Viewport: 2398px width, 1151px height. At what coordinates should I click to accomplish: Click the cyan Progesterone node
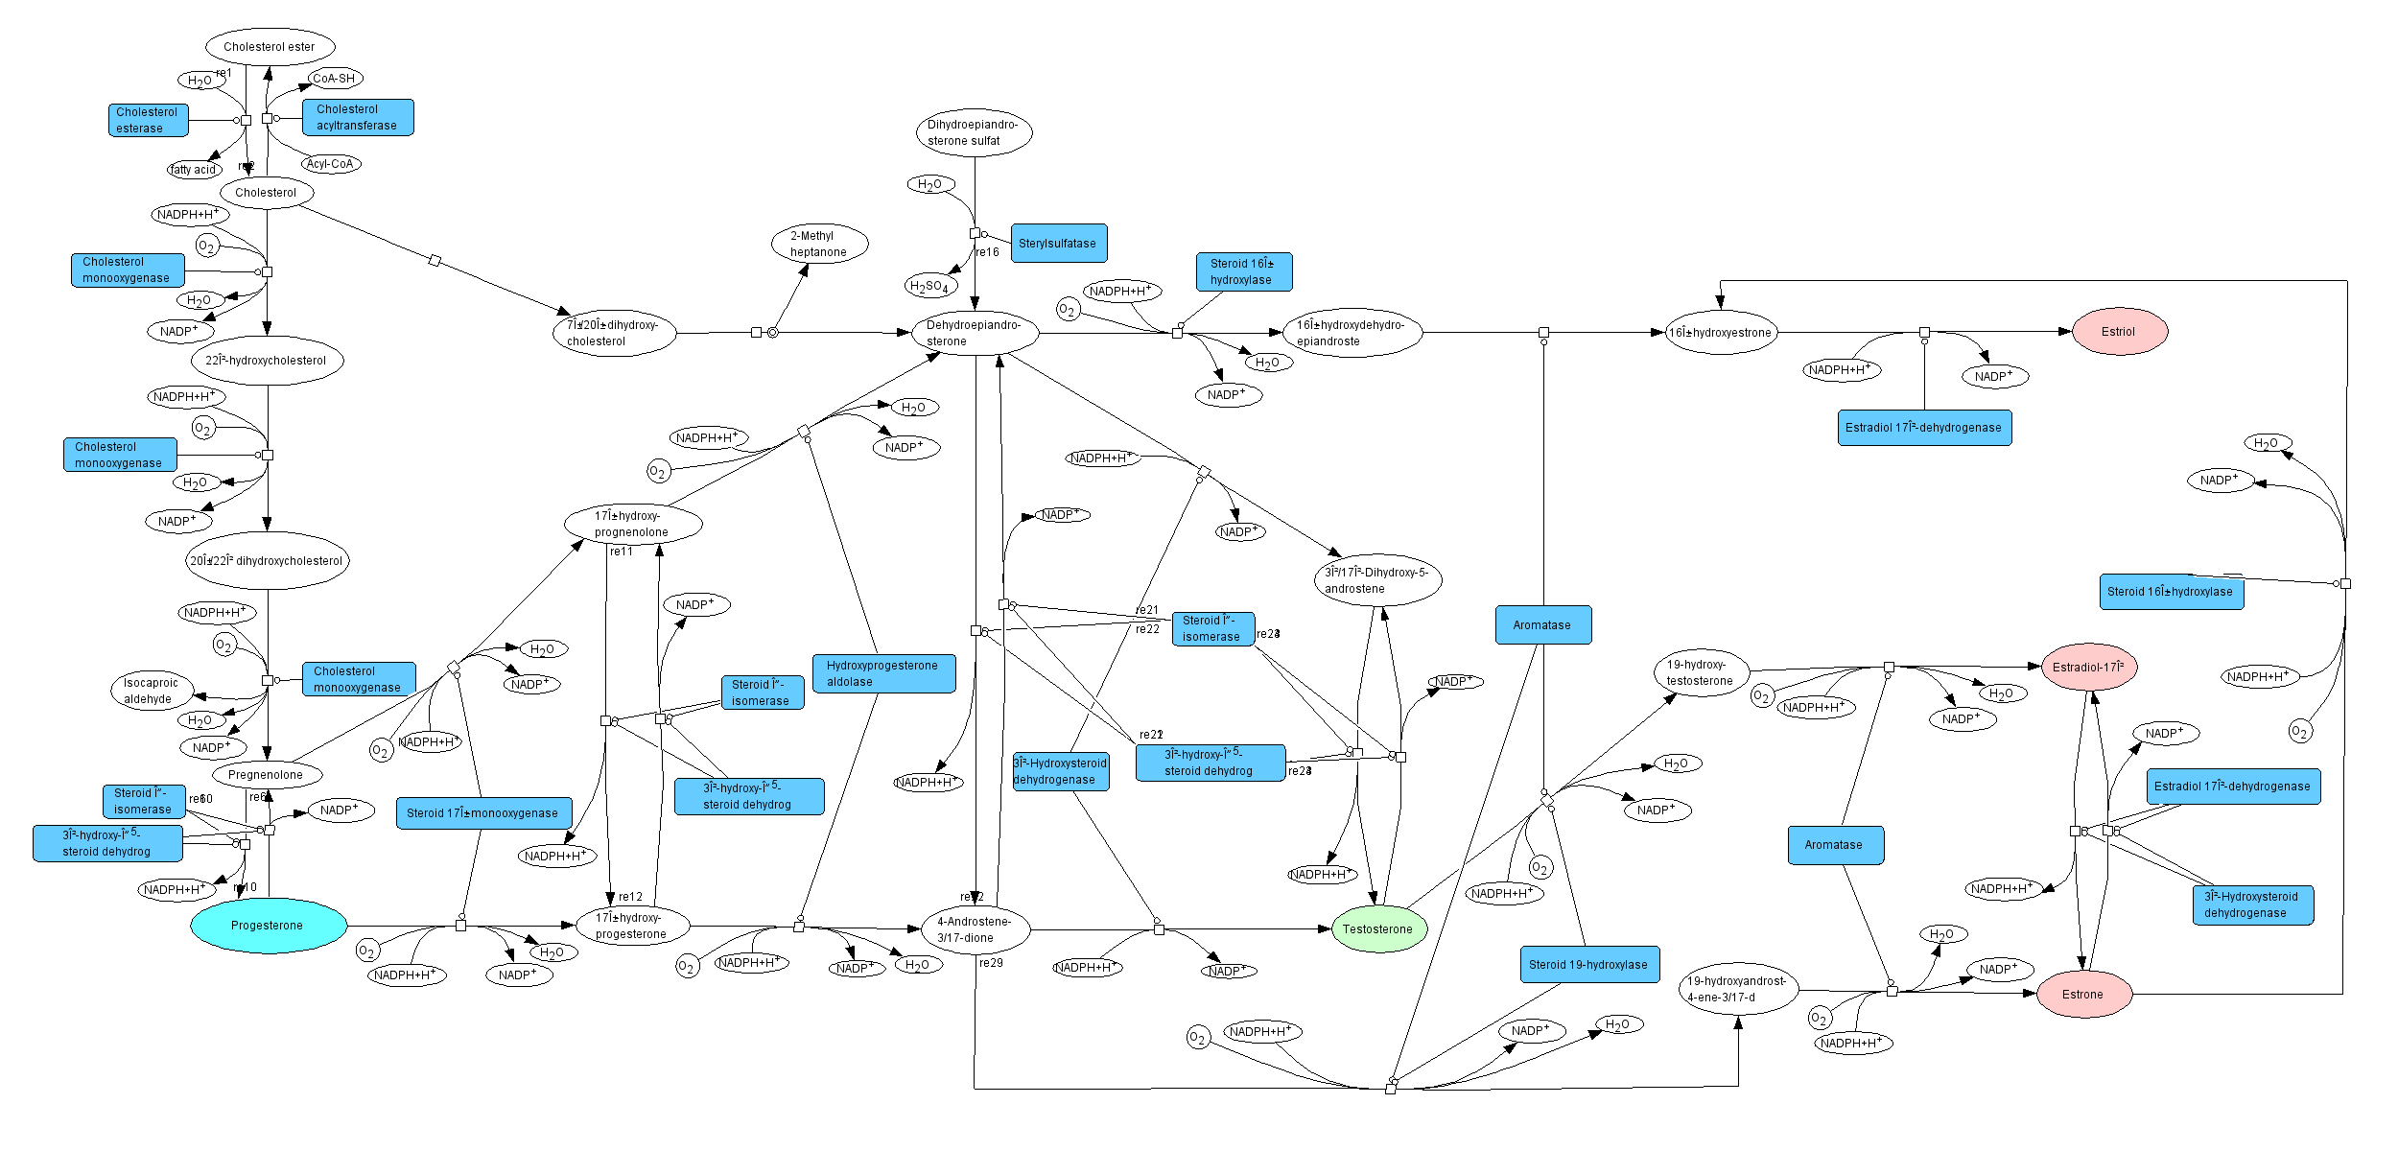[268, 926]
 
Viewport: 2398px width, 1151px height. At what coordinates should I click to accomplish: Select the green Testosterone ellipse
[1378, 928]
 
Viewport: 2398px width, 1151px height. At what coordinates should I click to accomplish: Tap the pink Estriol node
[2119, 332]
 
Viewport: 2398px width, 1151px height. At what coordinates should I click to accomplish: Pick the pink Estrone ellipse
[2083, 994]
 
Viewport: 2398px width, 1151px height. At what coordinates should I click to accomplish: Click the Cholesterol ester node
[270, 46]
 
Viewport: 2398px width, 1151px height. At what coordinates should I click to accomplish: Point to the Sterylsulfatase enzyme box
[1058, 244]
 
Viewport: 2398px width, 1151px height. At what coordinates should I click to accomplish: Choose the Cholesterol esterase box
[148, 120]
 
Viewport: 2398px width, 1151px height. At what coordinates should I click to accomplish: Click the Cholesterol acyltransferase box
[358, 117]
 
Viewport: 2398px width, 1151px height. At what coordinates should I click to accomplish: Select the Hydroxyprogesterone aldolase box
[883, 673]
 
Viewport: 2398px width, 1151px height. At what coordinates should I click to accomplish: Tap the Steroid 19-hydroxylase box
[1588, 964]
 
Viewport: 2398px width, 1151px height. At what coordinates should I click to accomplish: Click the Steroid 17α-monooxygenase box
[483, 812]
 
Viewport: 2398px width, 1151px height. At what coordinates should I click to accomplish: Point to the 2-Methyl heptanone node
[819, 244]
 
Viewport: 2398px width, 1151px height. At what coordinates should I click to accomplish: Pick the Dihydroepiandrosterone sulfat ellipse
[974, 132]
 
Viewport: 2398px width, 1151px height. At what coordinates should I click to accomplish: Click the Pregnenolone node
[267, 774]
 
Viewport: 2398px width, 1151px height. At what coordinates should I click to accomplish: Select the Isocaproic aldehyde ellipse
[151, 691]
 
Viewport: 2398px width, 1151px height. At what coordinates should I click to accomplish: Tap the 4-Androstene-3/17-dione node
[975, 928]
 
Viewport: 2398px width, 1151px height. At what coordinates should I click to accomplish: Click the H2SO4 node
[929, 286]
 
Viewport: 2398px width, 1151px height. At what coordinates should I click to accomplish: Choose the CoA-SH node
[334, 79]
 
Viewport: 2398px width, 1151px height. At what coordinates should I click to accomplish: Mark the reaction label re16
[988, 252]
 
